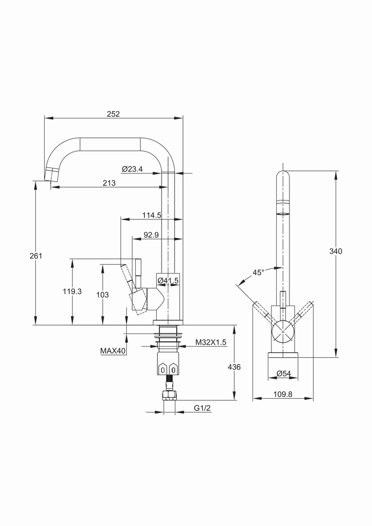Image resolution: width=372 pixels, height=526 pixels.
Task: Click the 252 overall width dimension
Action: pyautogui.click(x=113, y=114)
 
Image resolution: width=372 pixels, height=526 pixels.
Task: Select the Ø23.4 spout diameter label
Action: pyautogui.click(x=133, y=169)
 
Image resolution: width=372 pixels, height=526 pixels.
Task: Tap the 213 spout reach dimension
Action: pyautogui.click(x=109, y=183)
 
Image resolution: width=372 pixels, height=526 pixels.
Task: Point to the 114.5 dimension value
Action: pyautogui.click(x=152, y=215)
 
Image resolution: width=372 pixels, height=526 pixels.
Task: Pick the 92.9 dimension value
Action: pyautogui.click(x=151, y=235)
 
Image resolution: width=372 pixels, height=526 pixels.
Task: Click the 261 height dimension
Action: pyautogui.click(x=36, y=256)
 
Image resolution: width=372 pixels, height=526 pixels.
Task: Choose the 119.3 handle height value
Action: pyautogui.click(x=72, y=291)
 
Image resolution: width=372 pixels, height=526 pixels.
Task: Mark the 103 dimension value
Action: pyautogui.click(x=102, y=295)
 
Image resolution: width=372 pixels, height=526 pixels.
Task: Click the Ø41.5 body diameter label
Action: pyautogui.click(x=168, y=280)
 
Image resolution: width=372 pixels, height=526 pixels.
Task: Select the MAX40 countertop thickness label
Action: pyautogui.click(x=113, y=351)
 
